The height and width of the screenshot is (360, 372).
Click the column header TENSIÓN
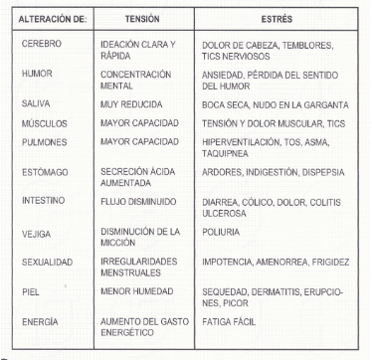(x=137, y=18)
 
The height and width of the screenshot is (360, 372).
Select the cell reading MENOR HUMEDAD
(x=137, y=293)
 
